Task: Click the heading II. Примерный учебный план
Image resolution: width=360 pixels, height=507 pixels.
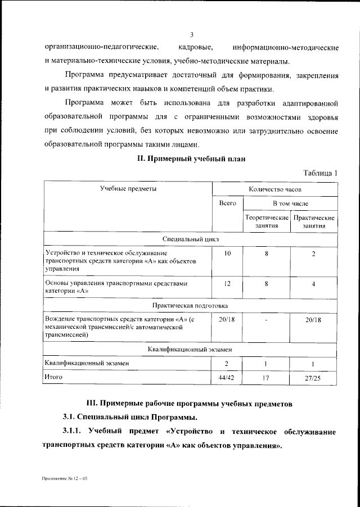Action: coord(191,159)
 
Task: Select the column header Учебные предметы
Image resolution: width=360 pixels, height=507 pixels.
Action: coord(128,189)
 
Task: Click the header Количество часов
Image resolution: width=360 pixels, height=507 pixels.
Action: coord(274,189)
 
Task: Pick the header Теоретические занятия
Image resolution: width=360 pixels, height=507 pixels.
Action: coord(267,221)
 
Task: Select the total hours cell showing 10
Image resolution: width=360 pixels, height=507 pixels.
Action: coord(227,254)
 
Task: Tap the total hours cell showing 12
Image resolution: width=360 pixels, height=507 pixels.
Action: coord(227,284)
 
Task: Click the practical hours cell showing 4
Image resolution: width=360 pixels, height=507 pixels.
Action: coord(313,284)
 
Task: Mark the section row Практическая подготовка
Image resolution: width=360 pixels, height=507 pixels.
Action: coord(190,305)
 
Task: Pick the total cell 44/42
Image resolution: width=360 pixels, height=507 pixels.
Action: coord(227,378)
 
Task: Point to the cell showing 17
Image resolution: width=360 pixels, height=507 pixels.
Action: coord(267,378)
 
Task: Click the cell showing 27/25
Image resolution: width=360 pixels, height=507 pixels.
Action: coord(313,378)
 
